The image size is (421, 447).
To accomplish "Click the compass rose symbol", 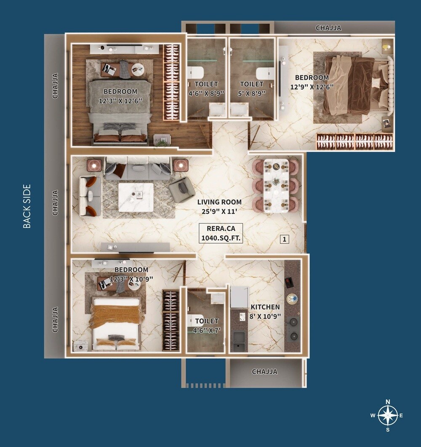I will point(387,415).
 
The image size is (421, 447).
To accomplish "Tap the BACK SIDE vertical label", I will point(27,206).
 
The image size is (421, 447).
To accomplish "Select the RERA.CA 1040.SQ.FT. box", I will point(222,233).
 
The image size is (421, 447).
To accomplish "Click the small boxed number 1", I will point(285,239).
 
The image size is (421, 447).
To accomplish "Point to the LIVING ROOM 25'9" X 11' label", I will point(219,206).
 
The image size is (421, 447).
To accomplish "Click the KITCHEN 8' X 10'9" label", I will point(265,311).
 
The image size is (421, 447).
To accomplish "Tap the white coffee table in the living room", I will point(135,197).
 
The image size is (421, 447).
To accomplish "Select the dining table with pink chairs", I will point(276,186).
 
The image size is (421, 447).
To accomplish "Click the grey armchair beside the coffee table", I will point(181,189).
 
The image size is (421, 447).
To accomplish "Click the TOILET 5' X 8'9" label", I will point(252,89).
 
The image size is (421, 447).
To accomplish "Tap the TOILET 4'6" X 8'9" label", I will point(206,89).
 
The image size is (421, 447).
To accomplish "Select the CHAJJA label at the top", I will point(328,28).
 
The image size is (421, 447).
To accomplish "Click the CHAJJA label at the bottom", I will point(264,372).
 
